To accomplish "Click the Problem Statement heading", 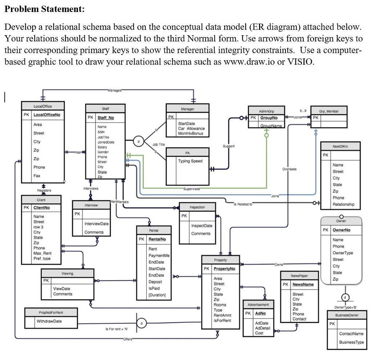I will click(x=44, y=9).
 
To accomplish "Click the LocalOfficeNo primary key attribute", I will click(x=47, y=115).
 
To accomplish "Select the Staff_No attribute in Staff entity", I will click(x=106, y=118).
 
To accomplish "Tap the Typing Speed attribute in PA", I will click(x=190, y=161).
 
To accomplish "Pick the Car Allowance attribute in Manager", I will click(x=191, y=128).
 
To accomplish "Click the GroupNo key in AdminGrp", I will click(x=269, y=118).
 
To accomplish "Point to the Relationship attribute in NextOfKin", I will click(x=343, y=204).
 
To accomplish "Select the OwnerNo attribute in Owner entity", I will click(x=341, y=230).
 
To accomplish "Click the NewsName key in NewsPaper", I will click(x=303, y=285).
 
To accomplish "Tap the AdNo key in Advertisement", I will click(x=260, y=313).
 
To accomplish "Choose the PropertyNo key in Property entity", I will click(x=224, y=269).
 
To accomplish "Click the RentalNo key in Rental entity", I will click(x=157, y=239).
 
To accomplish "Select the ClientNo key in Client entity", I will click(x=42, y=208).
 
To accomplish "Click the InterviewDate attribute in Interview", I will click(x=96, y=224).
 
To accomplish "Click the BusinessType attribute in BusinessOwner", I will click(x=351, y=342).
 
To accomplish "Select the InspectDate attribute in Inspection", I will click(x=202, y=226).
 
